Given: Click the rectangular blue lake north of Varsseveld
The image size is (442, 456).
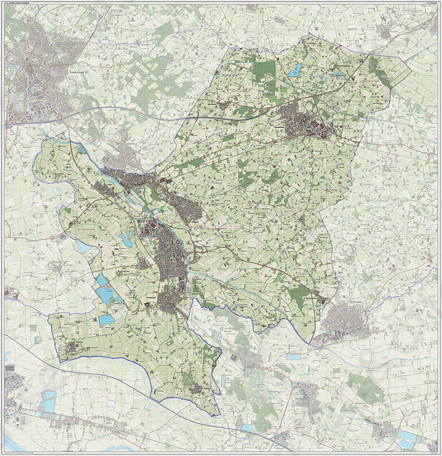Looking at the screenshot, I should tap(294, 69).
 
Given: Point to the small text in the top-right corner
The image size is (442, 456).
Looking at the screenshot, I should tap(432, 3).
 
